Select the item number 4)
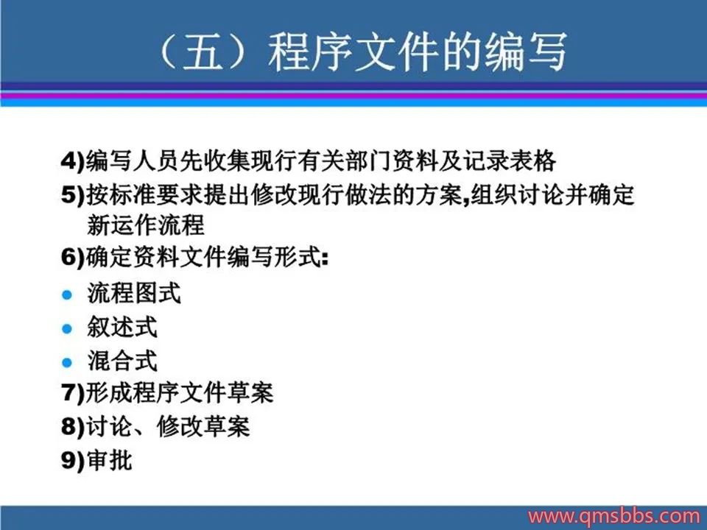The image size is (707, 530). (73, 161)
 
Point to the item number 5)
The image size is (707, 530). (73, 195)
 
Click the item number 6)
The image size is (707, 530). (73, 258)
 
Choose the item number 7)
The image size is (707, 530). (73, 393)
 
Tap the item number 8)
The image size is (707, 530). (73, 426)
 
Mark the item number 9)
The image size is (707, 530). (73, 460)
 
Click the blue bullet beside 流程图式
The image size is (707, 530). (67, 294)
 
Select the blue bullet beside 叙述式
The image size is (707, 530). (67, 328)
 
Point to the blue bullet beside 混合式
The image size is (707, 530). (67, 362)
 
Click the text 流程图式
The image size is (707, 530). (134, 294)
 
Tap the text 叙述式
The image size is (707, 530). (122, 327)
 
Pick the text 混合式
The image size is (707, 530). (122, 361)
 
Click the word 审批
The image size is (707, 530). (109, 460)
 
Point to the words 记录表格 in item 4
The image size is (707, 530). (510, 161)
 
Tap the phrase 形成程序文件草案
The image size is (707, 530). (179, 392)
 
